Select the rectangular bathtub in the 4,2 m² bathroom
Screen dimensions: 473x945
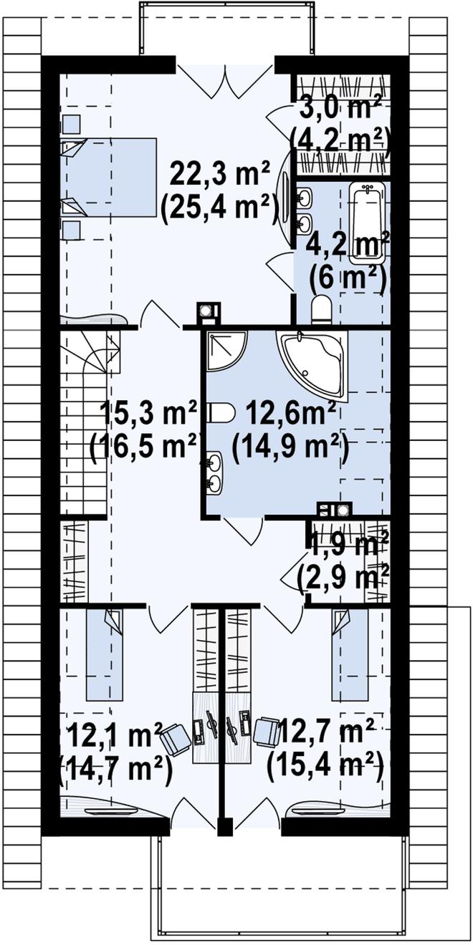point(368,223)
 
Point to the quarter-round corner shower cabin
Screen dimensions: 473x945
point(226,350)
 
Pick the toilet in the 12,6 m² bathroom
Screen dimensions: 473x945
point(221,412)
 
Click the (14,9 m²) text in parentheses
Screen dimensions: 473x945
point(290,448)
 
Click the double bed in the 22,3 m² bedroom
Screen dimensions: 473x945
point(109,178)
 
